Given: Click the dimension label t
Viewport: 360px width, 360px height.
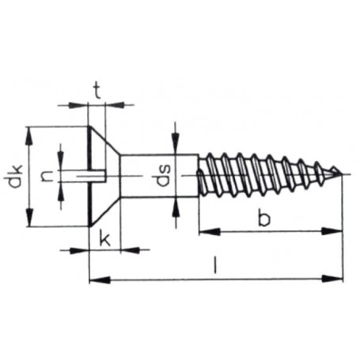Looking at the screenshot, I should [x=97, y=89].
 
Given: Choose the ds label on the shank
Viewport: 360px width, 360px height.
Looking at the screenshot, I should [x=161, y=176].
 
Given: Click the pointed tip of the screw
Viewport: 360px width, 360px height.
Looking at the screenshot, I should [x=341, y=173].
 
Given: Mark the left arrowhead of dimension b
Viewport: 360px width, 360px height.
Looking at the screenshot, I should [x=203, y=231].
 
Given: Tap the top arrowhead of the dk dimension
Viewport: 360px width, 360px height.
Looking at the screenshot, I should [x=30, y=131].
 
